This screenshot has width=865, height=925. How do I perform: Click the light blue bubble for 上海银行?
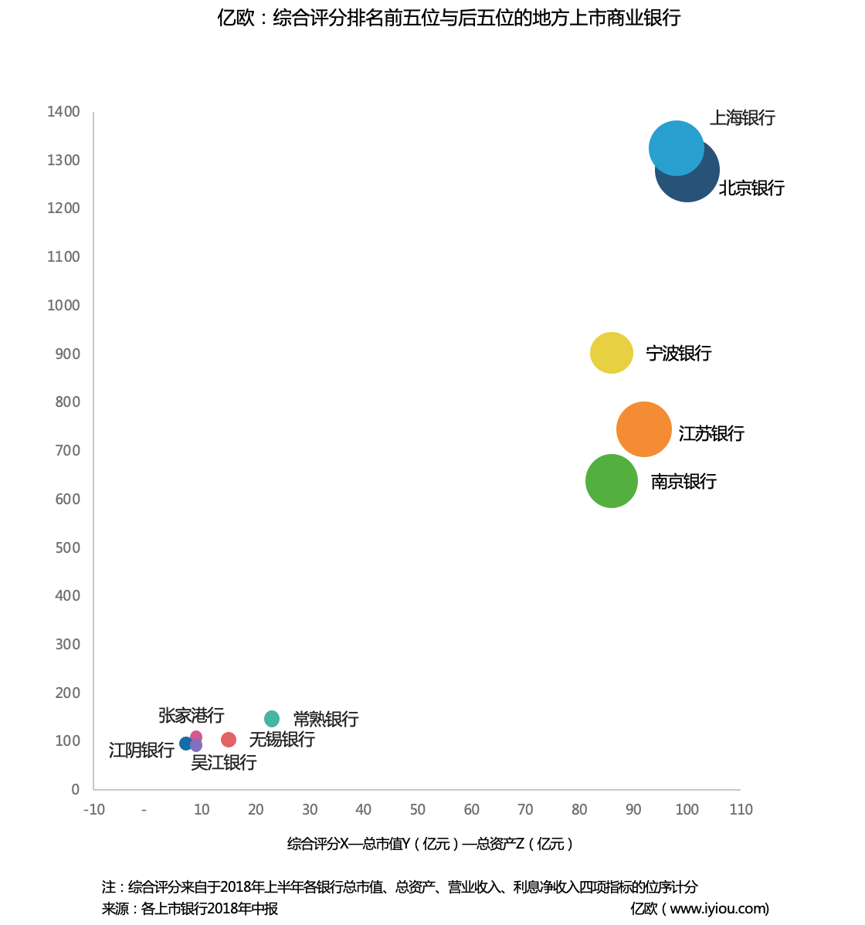point(675,147)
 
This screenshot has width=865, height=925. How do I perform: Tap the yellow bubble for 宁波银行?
point(612,353)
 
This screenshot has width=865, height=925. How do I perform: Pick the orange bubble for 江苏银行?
point(644,429)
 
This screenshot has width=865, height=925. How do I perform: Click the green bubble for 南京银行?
point(612,481)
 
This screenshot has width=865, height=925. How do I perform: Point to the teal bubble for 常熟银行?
point(272,719)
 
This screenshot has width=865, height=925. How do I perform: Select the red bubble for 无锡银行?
point(229,740)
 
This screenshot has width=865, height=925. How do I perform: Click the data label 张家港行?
point(191,716)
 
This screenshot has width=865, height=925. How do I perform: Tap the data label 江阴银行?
point(141,750)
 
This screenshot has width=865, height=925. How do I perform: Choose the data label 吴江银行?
point(224,763)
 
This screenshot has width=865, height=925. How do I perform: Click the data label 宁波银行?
point(678,354)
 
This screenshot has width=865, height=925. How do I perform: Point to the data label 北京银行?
point(751,188)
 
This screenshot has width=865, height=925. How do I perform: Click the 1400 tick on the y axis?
point(63,112)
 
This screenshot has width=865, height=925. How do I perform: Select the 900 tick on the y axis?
point(67,354)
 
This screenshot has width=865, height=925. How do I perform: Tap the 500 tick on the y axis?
point(67,548)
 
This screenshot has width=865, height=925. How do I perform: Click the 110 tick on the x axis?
point(741,810)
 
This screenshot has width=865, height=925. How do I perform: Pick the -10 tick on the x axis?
point(94,810)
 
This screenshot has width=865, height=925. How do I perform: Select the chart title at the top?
point(449,18)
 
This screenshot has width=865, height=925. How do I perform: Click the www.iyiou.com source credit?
point(700,909)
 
